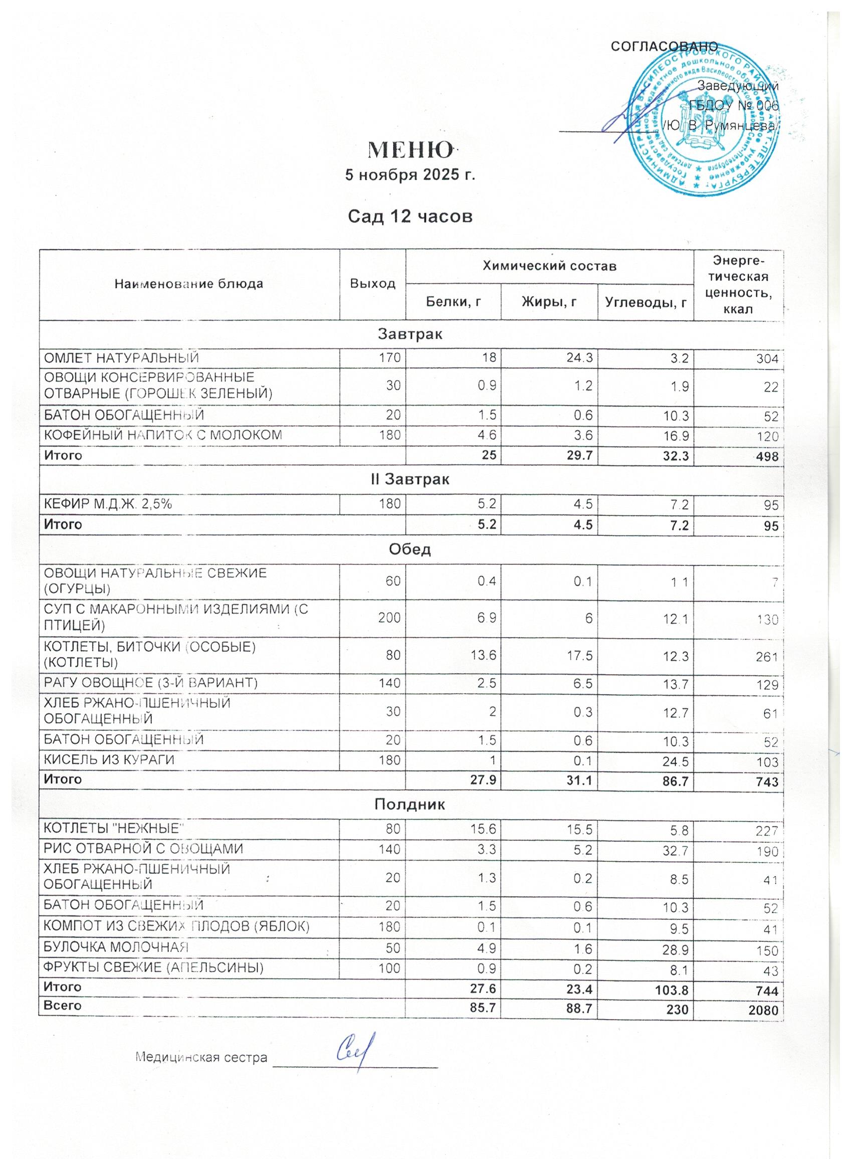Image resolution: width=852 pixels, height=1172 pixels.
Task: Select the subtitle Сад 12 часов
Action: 410,217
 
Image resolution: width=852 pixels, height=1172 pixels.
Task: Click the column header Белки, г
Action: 453,302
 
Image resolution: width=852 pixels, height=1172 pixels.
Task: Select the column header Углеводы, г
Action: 645,302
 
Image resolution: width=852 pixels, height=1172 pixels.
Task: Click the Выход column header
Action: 372,284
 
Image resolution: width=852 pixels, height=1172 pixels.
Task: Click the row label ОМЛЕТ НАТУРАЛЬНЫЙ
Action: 121,357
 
